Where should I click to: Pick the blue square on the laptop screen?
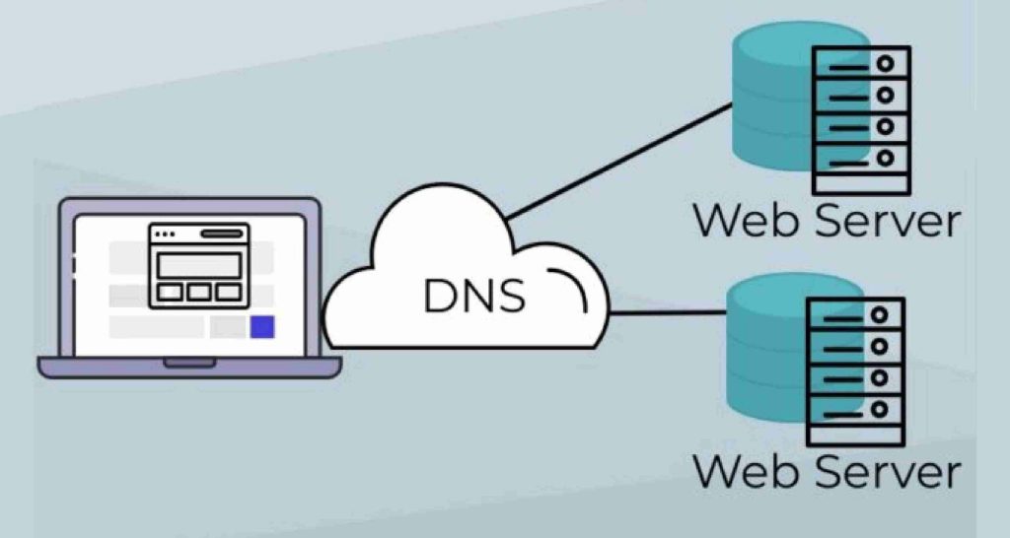(261, 327)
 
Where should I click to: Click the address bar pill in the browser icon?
(222, 235)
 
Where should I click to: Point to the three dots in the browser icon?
(165, 235)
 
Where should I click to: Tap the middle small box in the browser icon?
(199, 293)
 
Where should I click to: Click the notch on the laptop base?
(189, 364)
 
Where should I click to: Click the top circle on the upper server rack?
(886, 63)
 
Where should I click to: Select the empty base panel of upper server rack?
(860, 182)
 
